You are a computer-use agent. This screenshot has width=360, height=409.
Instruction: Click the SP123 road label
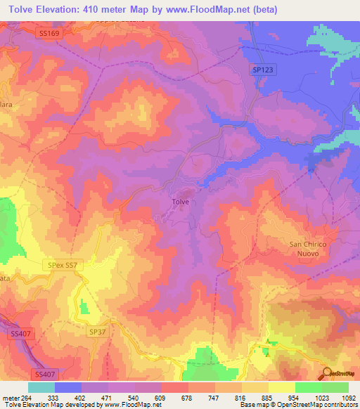[x=260, y=68]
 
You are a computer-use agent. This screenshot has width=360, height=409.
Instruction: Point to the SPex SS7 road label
[x=65, y=265]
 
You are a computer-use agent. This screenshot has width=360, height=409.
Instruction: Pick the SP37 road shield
[x=97, y=330]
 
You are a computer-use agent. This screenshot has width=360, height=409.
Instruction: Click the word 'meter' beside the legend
[x=9, y=397]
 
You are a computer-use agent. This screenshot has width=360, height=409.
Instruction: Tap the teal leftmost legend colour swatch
[x=41, y=387]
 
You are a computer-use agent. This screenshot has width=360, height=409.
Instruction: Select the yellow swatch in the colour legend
[x=282, y=387]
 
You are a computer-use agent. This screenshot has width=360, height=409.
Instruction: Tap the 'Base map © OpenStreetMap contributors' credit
[x=298, y=405]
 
